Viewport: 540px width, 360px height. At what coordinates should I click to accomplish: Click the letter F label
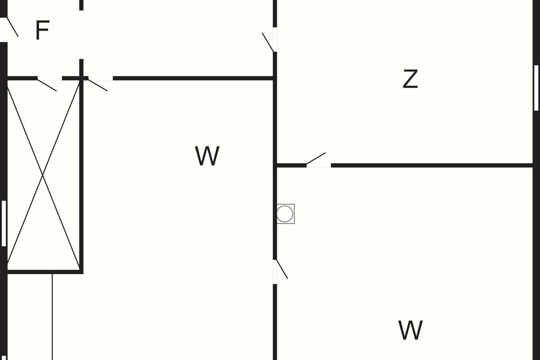[x=43, y=30]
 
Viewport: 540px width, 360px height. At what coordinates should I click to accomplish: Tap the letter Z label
[x=410, y=79]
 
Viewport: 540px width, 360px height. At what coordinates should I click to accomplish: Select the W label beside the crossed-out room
[x=207, y=156]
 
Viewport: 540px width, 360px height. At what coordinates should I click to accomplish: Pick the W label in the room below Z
[x=410, y=330]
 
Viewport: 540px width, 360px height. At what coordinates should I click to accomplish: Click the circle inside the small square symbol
[x=285, y=214]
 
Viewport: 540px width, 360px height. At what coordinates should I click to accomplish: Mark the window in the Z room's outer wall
[x=536, y=88]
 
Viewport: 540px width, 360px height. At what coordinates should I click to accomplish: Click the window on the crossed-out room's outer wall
[x=4, y=223]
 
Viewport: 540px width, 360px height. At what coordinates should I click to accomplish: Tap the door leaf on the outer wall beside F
[x=13, y=27]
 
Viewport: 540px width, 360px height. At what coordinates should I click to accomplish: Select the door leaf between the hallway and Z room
[x=268, y=42]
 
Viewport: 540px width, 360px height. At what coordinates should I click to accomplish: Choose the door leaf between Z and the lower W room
[x=316, y=158]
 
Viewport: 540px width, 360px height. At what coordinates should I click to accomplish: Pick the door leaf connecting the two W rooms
[x=282, y=269]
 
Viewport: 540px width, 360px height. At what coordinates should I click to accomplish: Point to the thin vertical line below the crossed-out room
[x=52, y=317]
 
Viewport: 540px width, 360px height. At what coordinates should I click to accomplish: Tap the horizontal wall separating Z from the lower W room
[x=432, y=166]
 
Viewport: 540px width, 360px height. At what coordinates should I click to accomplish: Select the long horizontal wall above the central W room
[x=193, y=78]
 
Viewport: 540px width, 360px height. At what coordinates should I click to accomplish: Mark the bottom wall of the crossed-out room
[x=45, y=272]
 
